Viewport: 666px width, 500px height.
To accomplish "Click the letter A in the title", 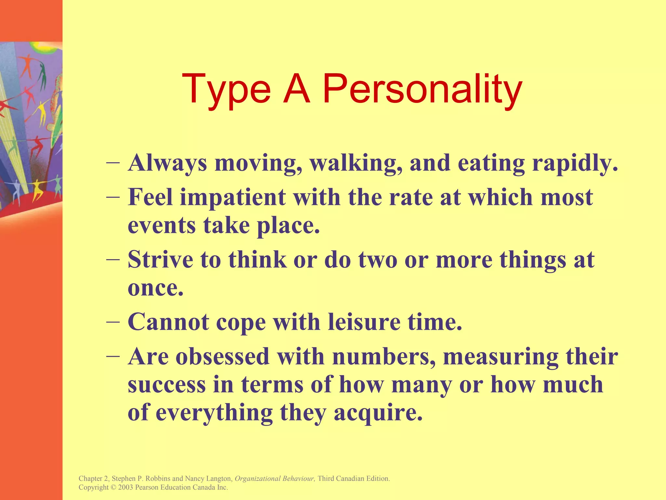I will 296,89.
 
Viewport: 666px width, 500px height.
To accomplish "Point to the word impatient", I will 233,198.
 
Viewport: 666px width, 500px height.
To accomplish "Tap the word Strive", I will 160,260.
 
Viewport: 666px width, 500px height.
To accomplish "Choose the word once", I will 155,288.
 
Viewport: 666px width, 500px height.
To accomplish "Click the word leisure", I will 364,322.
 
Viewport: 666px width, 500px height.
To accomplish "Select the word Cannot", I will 168,322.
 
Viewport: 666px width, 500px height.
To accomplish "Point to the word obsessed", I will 222,356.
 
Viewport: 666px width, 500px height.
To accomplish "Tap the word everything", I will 214,413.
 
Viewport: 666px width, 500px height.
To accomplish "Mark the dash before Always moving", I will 113,162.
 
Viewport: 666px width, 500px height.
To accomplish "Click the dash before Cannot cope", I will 113,321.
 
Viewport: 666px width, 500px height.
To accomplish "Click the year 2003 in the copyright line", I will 126,487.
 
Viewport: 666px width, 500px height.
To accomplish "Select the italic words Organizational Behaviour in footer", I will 274,479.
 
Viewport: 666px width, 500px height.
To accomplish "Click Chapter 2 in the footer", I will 94,479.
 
